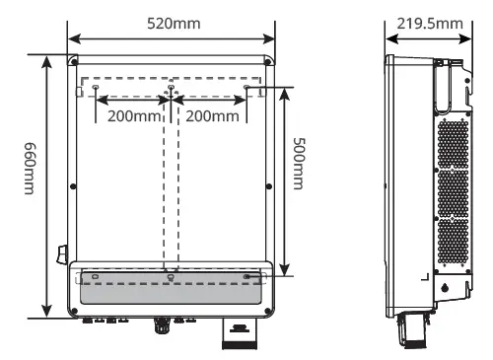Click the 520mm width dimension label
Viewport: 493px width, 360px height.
coord(174,24)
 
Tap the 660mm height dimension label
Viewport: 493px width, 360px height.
coord(30,169)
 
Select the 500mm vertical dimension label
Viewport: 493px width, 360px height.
coord(299,164)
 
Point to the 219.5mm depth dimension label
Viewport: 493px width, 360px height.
coord(430,24)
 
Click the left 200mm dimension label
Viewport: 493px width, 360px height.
coord(134,116)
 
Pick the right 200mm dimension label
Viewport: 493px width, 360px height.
coord(212,116)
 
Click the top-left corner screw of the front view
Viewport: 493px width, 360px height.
coord(74,62)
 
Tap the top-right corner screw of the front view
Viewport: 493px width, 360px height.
coord(267,62)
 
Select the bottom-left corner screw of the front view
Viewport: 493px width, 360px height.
coord(74,311)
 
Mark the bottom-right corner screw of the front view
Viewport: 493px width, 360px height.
coord(267,311)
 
